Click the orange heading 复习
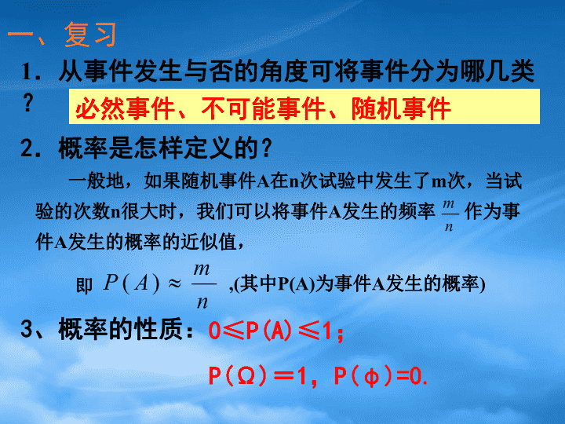coord(90,35)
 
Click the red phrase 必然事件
coord(125,108)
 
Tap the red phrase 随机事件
coord(401,108)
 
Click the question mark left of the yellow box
coord(27,102)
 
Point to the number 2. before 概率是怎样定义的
coord(31,148)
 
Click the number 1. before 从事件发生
coord(31,71)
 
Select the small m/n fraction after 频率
coord(449,215)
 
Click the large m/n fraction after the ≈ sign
coord(202,285)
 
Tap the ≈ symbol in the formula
coord(174,283)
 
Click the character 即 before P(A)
coord(84,286)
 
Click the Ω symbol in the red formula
coord(247,376)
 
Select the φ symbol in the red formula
coord(371,377)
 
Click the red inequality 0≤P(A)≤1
coord(270,331)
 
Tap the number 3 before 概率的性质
coord(27,328)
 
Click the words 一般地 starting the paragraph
coord(97,181)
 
